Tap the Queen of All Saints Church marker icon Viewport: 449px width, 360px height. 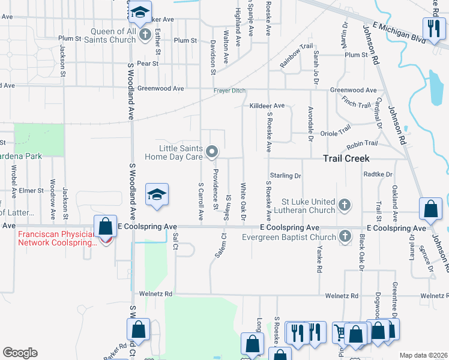click(145, 35)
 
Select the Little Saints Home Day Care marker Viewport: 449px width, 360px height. click(211, 152)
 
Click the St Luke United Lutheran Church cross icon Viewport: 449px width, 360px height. click(345, 205)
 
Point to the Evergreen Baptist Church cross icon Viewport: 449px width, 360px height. click(345, 236)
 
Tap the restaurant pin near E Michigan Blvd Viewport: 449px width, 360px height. click(432, 28)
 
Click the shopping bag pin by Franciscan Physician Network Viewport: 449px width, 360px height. click(106, 227)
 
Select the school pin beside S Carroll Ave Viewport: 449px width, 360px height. click(157, 194)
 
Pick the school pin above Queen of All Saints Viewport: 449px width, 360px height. click(140, 12)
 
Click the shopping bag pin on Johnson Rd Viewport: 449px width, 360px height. click(431, 209)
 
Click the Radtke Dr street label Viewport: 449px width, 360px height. click(378, 174)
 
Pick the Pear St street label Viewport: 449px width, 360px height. click(148, 62)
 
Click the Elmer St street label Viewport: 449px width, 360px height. click(32, 190)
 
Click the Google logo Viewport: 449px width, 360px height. click(20, 353)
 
